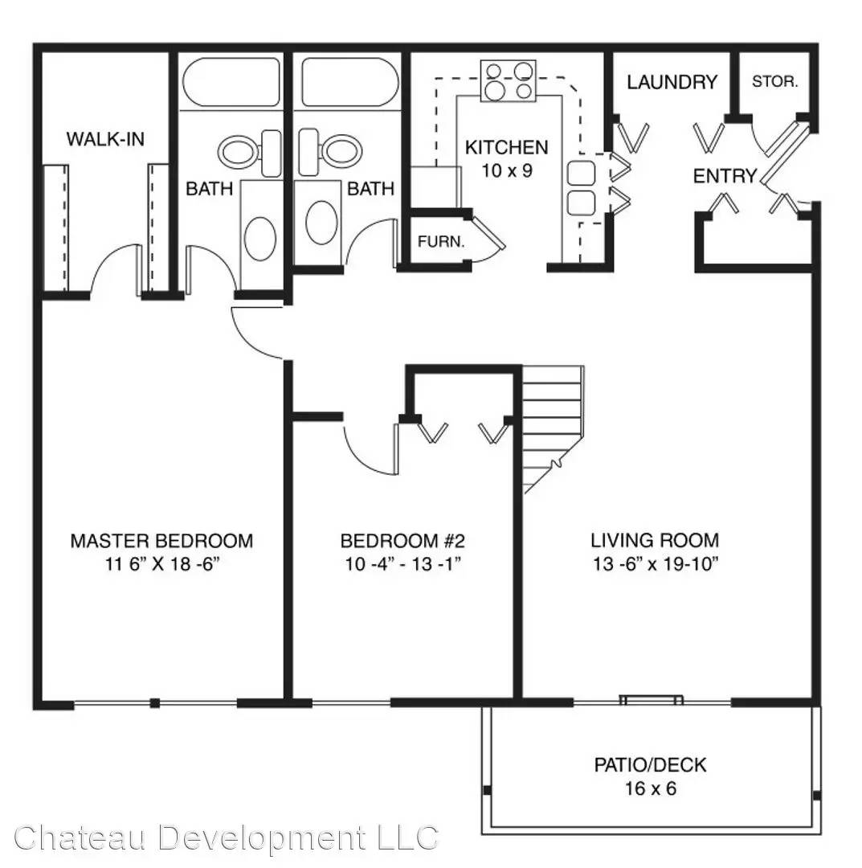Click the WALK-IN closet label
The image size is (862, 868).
tap(105, 138)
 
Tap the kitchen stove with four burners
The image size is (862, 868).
tap(508, 81)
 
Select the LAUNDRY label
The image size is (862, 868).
tap(672, 83)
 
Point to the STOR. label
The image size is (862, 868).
tap(774, 82)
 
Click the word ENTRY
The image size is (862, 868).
tap(725, 176)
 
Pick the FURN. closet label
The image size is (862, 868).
tap(441, 241)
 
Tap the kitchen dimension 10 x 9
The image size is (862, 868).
tap(507, 170)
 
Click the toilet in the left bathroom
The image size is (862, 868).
tap(250, 153)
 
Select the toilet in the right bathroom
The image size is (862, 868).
tap(329, 152)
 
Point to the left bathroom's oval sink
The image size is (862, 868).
tap(260, 239)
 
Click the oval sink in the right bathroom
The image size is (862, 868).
tap(321, 222)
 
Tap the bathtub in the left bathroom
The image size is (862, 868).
tap(231, 82)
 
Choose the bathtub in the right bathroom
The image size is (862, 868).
tap(349, 82)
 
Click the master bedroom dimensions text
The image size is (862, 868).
tap(162, 564)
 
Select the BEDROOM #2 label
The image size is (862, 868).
tap(402, 540)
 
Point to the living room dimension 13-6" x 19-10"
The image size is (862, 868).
tap(656, 564)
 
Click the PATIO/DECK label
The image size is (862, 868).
tap(650, 765)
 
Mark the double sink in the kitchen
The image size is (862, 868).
tap(582, 188)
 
